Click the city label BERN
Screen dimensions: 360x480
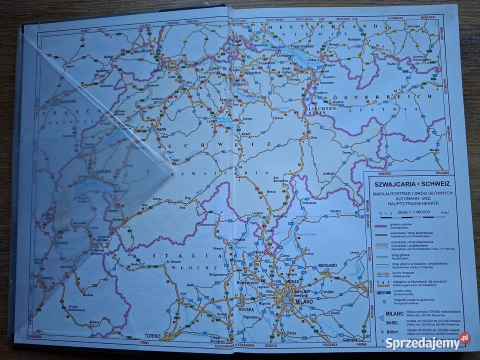click(161, 129)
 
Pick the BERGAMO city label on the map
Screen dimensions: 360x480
click(325, 265)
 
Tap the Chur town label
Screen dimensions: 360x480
click(313, 137)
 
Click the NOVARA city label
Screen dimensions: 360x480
click(246, 309)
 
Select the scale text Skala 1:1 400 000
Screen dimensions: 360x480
click(414, 213)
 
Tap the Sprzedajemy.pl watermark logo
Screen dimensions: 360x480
click(427, 342)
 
